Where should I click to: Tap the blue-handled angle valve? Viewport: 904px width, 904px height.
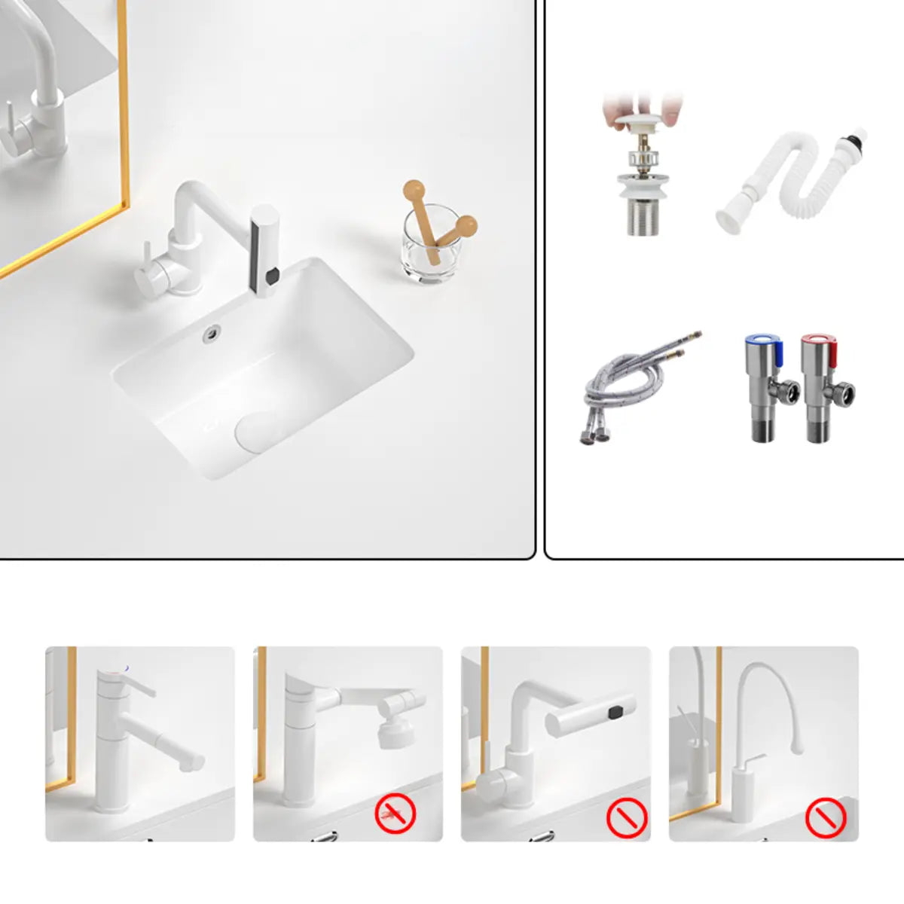768,388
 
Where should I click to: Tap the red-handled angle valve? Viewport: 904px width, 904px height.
825,388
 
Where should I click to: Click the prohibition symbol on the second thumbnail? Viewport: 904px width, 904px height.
395,814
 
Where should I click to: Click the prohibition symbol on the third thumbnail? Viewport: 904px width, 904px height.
627,817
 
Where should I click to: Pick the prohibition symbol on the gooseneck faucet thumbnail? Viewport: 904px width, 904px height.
826,817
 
